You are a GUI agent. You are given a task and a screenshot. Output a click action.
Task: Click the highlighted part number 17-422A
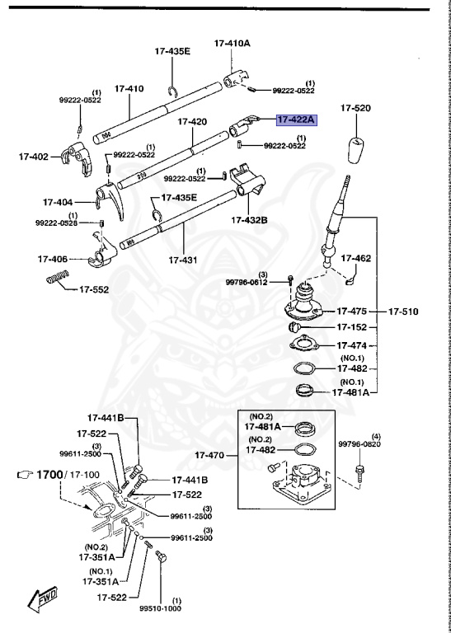296,120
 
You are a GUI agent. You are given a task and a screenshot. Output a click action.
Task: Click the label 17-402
34,155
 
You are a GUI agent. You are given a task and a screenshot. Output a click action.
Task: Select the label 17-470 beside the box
212,455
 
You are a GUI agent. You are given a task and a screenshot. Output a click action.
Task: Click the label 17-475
352,312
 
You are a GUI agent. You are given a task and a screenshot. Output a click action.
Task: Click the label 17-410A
232,42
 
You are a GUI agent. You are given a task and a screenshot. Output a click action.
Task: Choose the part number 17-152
352,327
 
